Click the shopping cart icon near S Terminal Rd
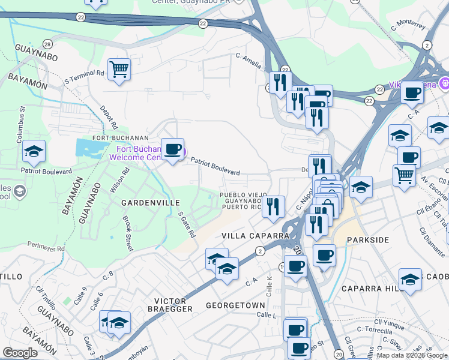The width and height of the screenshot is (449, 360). [119, 69]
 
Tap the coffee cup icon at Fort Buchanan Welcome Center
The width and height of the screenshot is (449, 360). [173, 149]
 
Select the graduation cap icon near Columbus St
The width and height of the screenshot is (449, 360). [34, 151]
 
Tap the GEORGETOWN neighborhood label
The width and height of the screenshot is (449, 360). [235, 305]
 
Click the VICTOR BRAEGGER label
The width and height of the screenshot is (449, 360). [174, 304]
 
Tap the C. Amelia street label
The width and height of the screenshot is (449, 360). [248, 60]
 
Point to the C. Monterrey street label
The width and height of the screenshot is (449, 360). [408, 26]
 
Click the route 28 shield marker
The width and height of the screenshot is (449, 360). [47, 44]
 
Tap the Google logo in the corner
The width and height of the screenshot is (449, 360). [20, 353]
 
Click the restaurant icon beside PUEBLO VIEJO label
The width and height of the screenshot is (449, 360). [274, 207]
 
